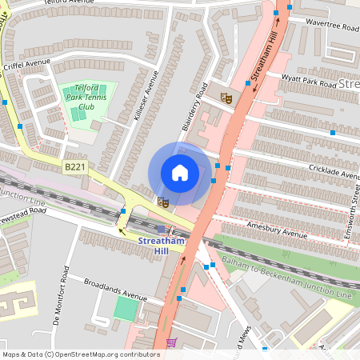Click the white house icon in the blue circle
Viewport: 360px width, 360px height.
(180, 173)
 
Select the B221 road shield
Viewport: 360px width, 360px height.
(74, 166)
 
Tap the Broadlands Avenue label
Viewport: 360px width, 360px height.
(117, 289)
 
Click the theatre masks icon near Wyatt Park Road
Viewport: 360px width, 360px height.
(226, 98)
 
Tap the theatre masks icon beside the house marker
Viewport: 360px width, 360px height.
(162, 202)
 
